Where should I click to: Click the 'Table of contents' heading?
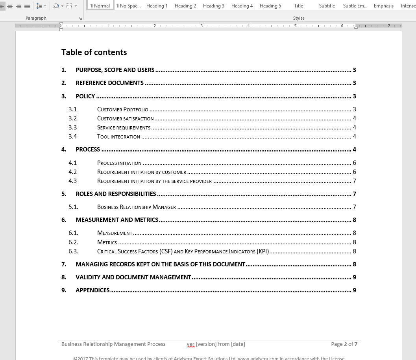coord(94,52)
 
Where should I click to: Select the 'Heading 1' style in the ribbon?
coord(157,6)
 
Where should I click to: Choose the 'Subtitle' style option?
coord(327,6)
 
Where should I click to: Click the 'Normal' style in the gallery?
coord(100,6)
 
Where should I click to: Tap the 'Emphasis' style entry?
coord(383,6)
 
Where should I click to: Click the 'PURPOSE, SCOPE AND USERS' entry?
coord(115,70)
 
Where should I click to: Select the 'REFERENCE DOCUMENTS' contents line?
coord(109,83)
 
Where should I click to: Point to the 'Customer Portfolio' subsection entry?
coord(122,109)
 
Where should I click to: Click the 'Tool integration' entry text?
coord(118,137)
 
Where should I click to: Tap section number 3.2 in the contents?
coord(72,118)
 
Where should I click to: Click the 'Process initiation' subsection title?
coord(119,163)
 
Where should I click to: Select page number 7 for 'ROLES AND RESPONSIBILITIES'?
coord(354,194)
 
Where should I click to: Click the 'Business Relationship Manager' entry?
coord(136,207)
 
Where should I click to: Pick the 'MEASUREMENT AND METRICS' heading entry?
coord(117,220)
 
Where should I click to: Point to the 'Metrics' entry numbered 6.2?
coord(107,242)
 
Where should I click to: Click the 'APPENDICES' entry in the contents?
coord(92,290)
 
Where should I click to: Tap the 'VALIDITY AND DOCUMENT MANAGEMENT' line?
coord(133,277)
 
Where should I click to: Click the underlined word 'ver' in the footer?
coord(190,344)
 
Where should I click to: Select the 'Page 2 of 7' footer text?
coord(344,344)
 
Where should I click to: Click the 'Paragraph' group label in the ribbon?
coord(36,18)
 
